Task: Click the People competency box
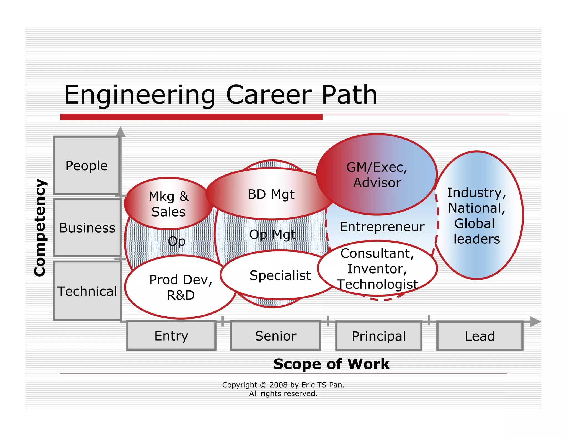click(87, 165)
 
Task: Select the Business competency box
click(87, 228)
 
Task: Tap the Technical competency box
click(87, 291)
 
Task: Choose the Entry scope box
click(171, 336)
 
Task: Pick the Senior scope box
click(275, 336)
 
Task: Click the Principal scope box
click(379, 336)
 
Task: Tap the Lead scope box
click(480, 336)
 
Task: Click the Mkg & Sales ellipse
click(168, 204)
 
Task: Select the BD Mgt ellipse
click(271, 194)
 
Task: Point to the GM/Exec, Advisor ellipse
click(377, 174)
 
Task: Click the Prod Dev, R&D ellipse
click(181, 287)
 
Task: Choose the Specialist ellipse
click(280, 275)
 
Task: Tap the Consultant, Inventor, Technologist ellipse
click(377, 269)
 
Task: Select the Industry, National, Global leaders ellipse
click(477, 215)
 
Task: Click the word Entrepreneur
click(382, 227)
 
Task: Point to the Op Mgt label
click(272, 235)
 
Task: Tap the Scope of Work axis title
click(331, 364)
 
